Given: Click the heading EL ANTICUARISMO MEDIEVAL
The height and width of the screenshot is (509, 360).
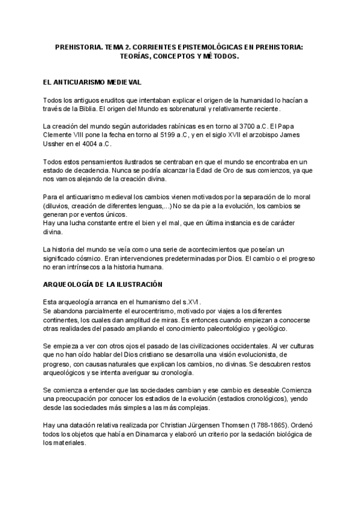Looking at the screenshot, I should (x=93, y=80).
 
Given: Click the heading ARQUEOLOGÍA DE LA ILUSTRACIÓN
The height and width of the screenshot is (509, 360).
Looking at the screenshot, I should (x=104, y=283).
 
